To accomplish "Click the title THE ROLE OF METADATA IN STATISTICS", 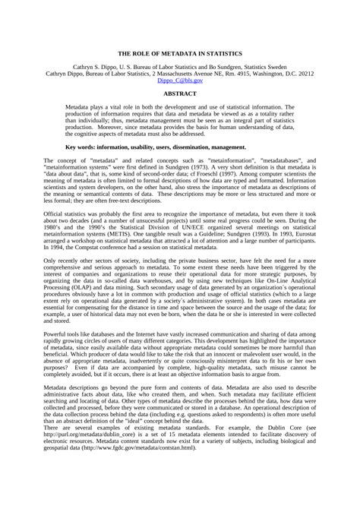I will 179,54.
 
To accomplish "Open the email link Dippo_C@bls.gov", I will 180,80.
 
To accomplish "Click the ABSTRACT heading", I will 180,93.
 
